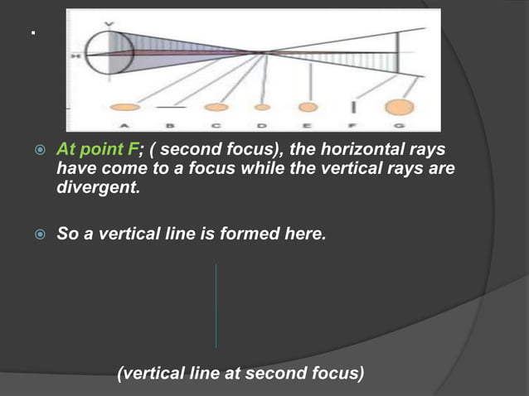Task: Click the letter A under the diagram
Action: click(x=125, y=125)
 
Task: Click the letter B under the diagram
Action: click(x=171, y=125)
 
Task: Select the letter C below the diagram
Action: click(x=216, y=125)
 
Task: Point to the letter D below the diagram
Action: click(x=262, y=125)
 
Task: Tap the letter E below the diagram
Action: click(x=308, y=125)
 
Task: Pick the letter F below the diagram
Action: click(x=355, y=125)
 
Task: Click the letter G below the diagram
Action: click(x=400, y=125)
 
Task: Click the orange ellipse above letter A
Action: click(x=124, y=107)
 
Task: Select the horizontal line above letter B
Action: click(x=171, y=107)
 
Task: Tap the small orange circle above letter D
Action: click(x=262, y=107)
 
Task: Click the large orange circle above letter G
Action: click(x=400, y=107)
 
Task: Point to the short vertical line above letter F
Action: click(x=355, y=107)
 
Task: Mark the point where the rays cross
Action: click(x=264, y=53)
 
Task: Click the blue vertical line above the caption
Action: click(x=216, y=306)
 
